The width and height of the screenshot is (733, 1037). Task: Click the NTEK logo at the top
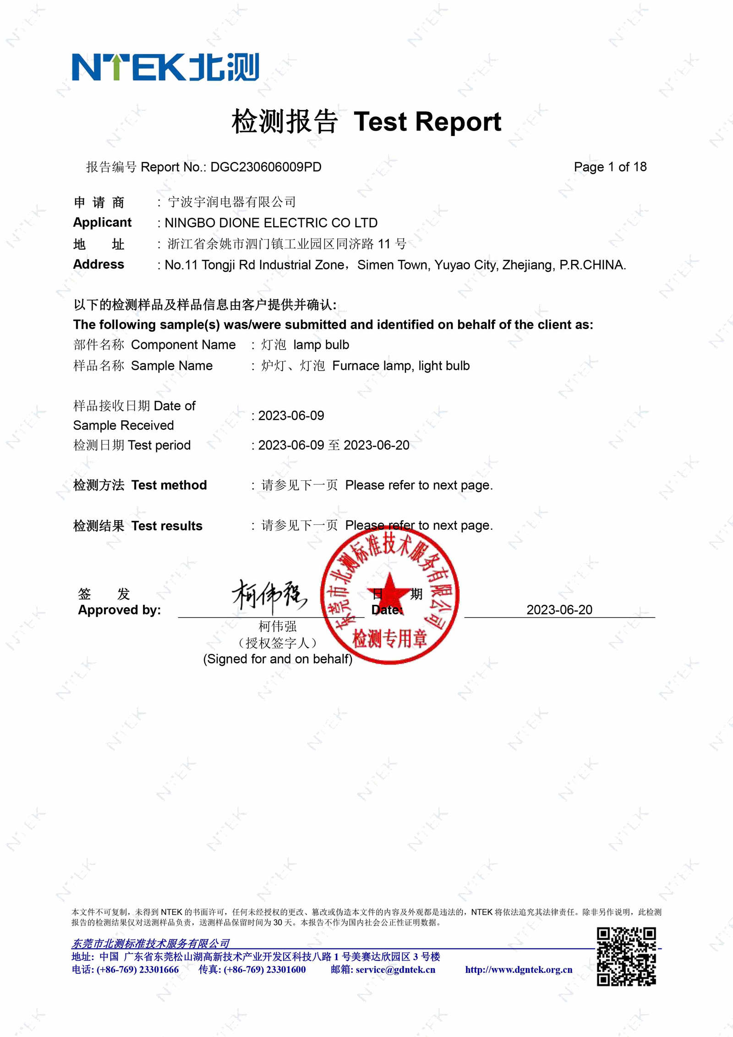(x=165, y=67)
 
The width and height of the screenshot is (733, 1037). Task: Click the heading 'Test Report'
(x=427, y=122)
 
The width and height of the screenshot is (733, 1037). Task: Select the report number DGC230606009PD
(x=266, y=167)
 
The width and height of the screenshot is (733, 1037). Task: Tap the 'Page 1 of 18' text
(x=610, y=167)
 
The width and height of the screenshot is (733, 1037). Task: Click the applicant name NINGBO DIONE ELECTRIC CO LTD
(x=271, y=223)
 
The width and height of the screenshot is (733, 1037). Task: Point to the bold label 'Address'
(x=98, y=264)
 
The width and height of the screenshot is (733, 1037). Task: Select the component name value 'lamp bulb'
(x=321, y=345)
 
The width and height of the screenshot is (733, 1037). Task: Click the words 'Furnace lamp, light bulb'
(x=401, y=366)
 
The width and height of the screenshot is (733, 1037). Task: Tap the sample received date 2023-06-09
(x=291, y=416)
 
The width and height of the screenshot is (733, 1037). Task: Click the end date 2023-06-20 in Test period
(x=376, y=445)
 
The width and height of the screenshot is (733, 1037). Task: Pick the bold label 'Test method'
(x=169, y=485)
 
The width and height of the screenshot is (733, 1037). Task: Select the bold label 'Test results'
(x=166, y=526)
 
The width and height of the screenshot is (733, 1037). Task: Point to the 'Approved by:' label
(x=119, y=610)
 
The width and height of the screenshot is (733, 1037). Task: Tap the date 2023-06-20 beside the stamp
(x=559, y=610)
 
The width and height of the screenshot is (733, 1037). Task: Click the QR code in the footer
(x=626, y=956)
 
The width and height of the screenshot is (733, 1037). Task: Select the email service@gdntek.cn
(x=395, y=970)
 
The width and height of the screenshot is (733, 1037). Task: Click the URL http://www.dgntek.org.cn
(x=519, y=970)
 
